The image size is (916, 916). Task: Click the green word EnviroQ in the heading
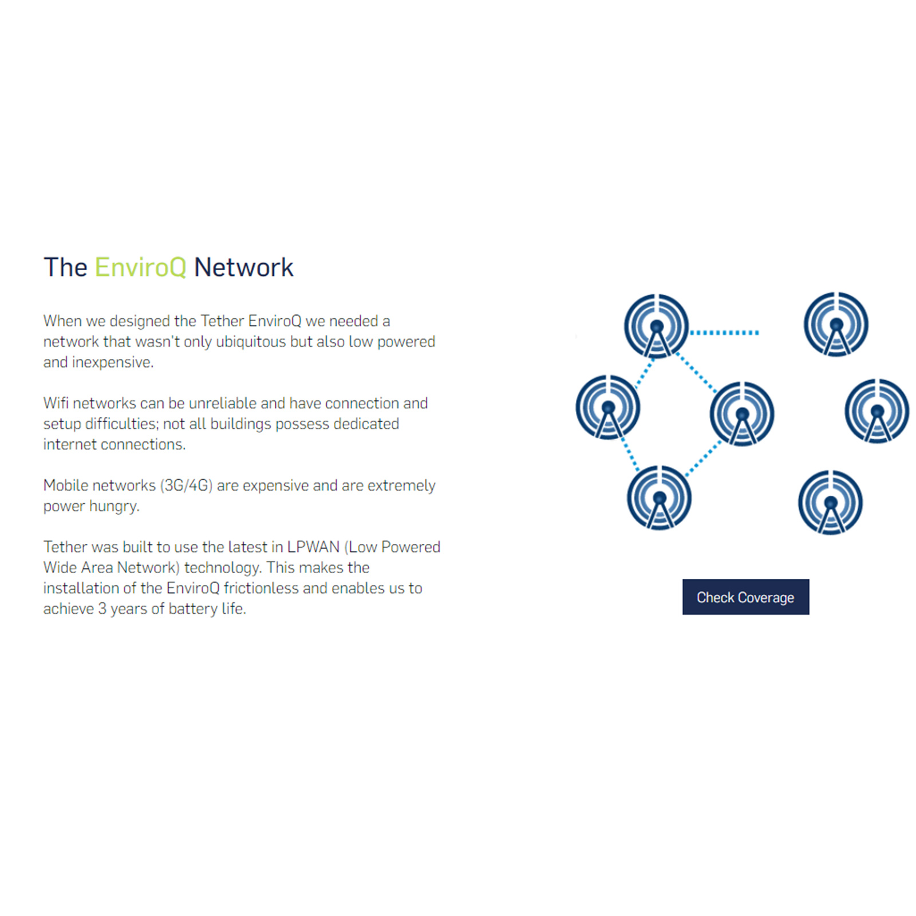pos(140,267)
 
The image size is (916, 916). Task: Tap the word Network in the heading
pos(243,267)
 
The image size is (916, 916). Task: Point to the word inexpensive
pos(113,362)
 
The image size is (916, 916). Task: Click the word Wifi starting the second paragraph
pos(56,403)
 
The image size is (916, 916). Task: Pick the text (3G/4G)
pos(186,485)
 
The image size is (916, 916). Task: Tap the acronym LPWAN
pos(313,547)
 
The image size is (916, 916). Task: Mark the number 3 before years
pos(102,609)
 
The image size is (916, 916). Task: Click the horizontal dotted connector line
pos(725,332)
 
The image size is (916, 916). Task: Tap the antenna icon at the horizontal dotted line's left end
pos(657,326)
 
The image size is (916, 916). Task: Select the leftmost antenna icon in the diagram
pos(608,407)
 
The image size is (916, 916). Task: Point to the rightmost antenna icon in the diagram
pos(877,410)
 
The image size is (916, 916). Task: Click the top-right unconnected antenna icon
pos(836,324)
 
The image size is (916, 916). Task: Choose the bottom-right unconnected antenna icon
pos(831,502)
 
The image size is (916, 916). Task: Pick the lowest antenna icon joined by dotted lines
pos(660,498)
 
